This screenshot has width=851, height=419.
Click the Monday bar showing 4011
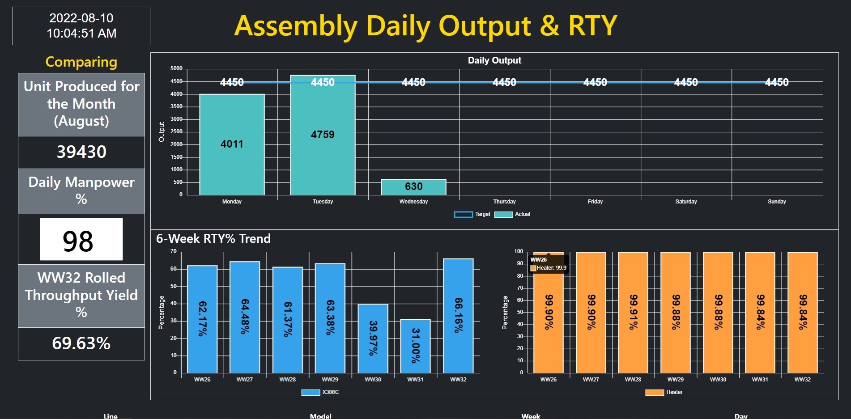(232, 144)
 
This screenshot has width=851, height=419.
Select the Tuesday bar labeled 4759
(323, 135)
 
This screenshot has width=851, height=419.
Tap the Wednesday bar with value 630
(413, 187)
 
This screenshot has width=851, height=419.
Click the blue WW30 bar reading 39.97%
(373, 338)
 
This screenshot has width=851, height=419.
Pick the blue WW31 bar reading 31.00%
(415, 346)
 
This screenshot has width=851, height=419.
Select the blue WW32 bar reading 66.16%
(458, 315)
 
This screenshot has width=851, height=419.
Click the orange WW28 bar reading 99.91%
(633, 312)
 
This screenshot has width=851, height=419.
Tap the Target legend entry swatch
(463, 215)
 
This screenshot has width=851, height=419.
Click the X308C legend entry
(320, 392)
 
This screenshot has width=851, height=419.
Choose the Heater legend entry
(664, 392)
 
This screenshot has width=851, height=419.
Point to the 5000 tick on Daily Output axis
(176, 68)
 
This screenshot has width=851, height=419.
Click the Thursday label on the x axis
(504, 202)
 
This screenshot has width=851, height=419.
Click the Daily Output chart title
(494, 60)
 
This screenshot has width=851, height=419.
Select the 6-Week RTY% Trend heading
(213, 239)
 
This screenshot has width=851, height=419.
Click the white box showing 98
(81, 240)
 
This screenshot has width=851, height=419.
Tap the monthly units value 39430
(81, 152)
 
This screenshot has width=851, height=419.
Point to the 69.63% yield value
(81, 343)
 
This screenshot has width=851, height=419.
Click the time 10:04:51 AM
(81, 34)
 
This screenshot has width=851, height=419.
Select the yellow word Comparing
(81, 62)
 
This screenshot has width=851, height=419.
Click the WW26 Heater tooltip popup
(549, 264)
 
